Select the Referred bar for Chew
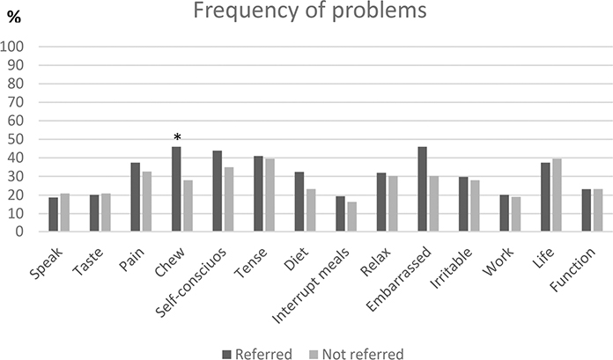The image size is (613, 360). pyautogui.click(x=176, y=189)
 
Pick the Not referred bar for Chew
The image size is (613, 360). pyautogui.click(x=188, y=206)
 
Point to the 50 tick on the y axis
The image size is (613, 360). pyautogui.click(x=20, y=139)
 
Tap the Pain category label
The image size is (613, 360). pyautogui.click(x=133, y=253)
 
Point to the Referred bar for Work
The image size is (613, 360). pyautogui.click(x=505, y=213)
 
